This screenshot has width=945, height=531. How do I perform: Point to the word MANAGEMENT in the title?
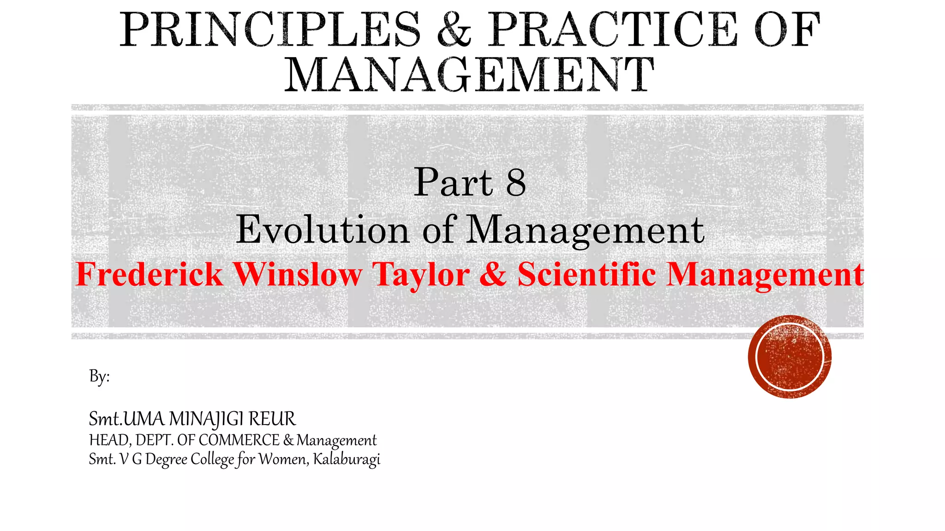469,75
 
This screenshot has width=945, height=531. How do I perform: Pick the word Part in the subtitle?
453,183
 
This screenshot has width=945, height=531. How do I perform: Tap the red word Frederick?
149,275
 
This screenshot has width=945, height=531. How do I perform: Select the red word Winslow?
298,275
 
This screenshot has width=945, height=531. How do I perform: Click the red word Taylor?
421,275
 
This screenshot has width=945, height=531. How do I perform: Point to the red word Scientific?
586,275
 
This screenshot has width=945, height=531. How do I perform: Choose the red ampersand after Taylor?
493,275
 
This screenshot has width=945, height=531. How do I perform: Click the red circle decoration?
789,356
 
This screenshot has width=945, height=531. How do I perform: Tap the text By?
99,377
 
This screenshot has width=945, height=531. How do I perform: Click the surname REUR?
272,419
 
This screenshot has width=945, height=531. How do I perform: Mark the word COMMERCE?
239,440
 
